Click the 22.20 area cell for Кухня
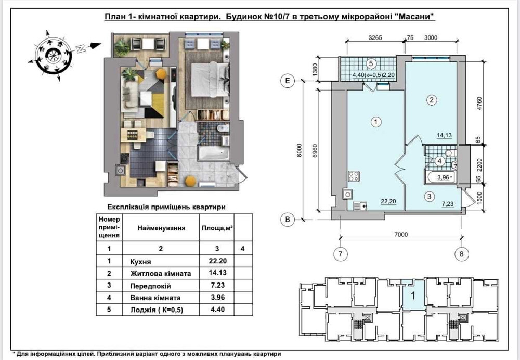(x=217, y=261)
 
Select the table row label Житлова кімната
(x=161, y=274)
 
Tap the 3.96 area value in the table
(x=217, y=297)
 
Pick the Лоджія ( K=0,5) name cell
(x=157, y=310)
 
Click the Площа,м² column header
(x=217, y=228)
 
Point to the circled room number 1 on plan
(x=376, y=122)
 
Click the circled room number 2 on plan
(x=432, y=100)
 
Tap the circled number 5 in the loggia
(x=371, y=63)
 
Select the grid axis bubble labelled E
(x=288, y=81)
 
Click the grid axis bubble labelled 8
(x=462, y=254)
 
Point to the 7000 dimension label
(x=401, y=235)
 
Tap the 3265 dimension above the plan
(x=375, y=38)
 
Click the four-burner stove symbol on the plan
(x=354, y=176)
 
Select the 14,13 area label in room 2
(x=444, y=135)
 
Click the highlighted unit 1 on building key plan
(x=413, y=295)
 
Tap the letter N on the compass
(x=80, y=49)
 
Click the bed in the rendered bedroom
(x=210, y=79)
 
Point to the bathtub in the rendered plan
(x=214, y=153)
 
